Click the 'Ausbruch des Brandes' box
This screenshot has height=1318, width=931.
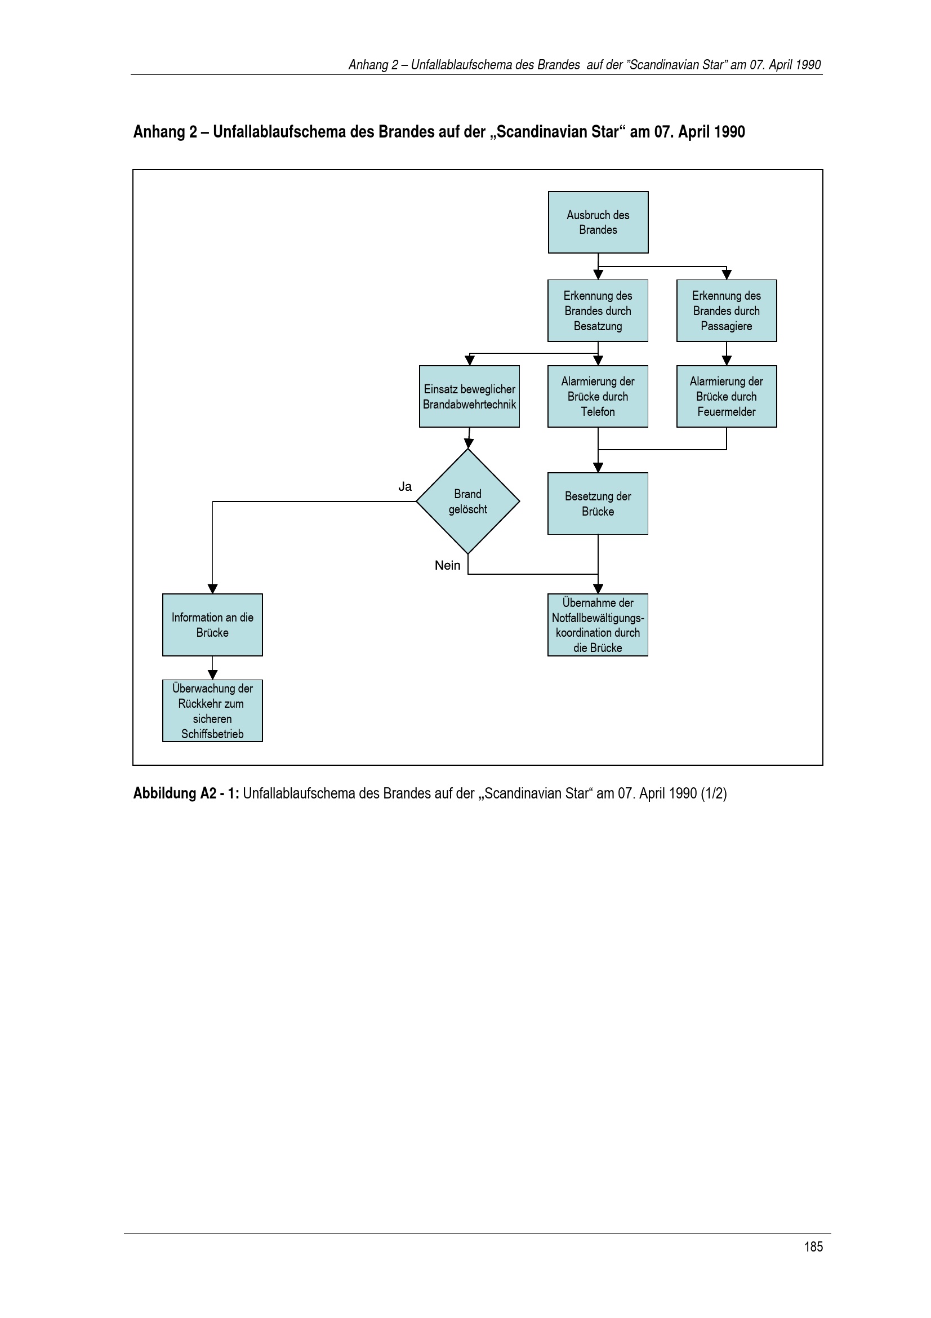[x=598, y=222]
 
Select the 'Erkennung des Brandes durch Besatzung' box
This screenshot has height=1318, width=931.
[x=598, y=310]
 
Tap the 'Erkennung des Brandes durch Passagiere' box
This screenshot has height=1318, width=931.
[x=726, y=310]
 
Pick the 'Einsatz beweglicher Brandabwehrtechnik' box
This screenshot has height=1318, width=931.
[x=469, y=396]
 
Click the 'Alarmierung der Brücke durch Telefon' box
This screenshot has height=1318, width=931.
[x=598, y=396]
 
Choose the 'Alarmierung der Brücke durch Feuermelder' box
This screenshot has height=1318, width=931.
[x=726, y=396]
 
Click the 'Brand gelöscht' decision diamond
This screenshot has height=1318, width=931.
[x=468, y=501]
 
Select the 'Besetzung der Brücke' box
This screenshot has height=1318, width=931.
[x=598, y=503]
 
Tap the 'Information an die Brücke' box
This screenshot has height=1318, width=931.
[x=212, y=624]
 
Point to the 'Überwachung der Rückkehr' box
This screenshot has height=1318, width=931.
[x=212, y=711]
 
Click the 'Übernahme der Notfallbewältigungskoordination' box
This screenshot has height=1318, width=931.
[x=598, y=624]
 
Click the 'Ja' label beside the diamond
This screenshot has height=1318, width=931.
[x=405, y=487]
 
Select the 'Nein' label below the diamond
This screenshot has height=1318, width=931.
[x=447, y=565]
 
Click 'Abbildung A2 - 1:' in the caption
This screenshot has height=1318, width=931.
[x=186, y=793]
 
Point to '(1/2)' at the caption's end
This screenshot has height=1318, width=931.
[x=714, y=793]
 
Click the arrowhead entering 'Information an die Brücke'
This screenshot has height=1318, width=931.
[x=212, y=589]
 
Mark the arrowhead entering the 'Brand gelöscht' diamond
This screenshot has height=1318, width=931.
[x=469, y=443]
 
